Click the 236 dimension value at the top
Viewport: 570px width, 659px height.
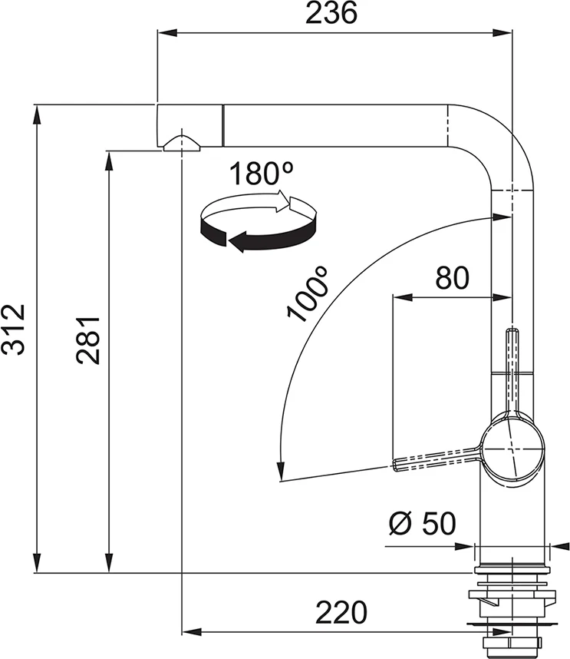[x=332, y=14]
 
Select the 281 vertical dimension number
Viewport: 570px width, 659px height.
[x=88, y=339]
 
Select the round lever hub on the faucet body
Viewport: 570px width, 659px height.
[x=512, y=449]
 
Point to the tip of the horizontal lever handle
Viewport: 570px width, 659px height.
[x=397, y=463]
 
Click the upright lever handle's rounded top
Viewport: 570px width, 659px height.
[x=512, y=332]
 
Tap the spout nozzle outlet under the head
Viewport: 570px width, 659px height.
[x=180, y=144]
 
